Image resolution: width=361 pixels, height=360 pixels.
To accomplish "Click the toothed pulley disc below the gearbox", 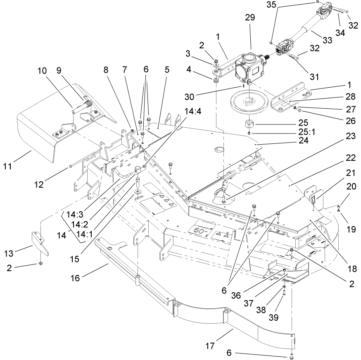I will click(252, 102).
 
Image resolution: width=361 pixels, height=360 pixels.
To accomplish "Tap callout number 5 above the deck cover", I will click(167, 69).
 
